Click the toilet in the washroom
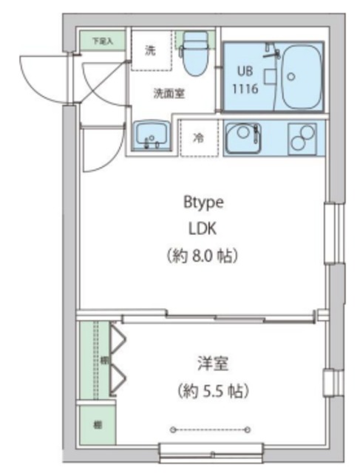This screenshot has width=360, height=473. [195, 55]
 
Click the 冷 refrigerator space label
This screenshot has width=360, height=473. [198, 138]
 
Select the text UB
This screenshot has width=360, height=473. [244, 72]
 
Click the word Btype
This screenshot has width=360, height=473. [203, 201]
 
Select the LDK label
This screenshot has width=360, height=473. [203, 228]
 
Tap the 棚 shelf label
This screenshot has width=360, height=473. [97, 424]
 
